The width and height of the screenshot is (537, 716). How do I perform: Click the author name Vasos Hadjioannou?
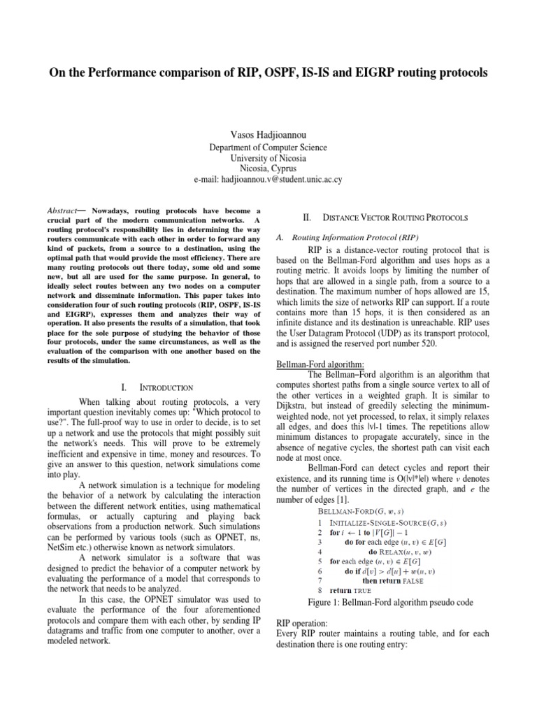tap(269, 134)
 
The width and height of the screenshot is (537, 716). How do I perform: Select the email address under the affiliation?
tap(269, 180)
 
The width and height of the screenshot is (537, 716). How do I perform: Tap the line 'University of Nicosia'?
tap(269, 158)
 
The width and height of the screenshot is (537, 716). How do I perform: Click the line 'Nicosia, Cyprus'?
tap(269, 169)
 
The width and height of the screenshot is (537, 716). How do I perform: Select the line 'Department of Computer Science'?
tap(269, 148)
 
